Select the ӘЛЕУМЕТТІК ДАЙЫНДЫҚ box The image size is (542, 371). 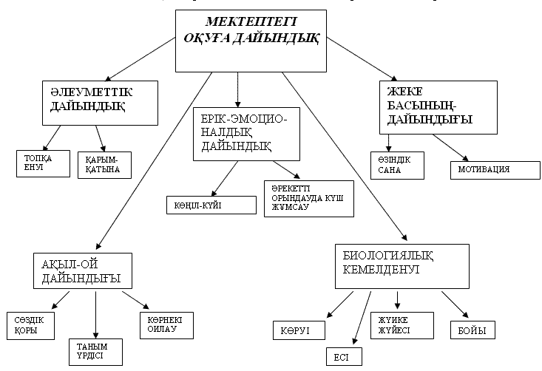coord(101,102)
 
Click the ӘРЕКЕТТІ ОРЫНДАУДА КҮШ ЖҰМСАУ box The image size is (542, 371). coord(308,197)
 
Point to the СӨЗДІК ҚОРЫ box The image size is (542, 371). coord(32,325)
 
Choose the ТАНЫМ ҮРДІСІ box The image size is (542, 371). coord(95,350)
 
